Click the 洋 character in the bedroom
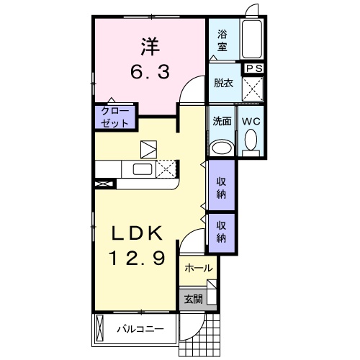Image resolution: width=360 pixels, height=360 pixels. click(149, 47)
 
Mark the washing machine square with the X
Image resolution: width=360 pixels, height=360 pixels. click(252, 90)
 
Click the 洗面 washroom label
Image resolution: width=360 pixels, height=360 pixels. click(221, 121)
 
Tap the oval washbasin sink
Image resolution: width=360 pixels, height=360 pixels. click(221, 148)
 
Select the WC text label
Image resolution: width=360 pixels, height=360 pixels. click(251, 121)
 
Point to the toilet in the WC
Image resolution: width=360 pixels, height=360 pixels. click(251, 144)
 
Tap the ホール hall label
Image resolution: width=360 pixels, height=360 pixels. click(198, 268)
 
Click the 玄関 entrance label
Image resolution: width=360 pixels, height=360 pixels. click(193, 299)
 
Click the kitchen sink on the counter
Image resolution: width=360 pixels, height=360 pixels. click(141, 169)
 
